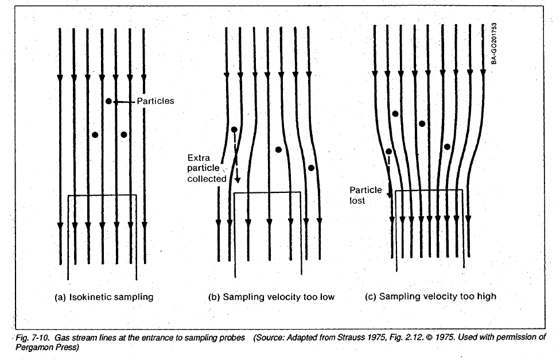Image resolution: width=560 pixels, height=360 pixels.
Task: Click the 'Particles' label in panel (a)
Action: point(155,102)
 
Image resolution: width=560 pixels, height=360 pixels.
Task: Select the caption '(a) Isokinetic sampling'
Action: point(104,297)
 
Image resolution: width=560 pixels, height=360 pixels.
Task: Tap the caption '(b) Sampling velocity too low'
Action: point(271,297)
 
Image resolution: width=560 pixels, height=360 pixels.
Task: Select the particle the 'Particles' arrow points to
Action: point(108,102)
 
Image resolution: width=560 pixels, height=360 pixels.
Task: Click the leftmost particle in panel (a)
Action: point(95,135)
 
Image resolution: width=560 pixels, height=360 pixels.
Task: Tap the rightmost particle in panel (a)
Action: point(124,135)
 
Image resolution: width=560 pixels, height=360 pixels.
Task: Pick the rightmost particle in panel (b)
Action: point(311,168)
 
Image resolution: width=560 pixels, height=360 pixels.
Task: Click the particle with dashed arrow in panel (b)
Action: point(234,130)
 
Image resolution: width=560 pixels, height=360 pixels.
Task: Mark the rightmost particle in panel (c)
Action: point(447,147)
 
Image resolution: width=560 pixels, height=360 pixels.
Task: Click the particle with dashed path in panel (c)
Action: point(389,152)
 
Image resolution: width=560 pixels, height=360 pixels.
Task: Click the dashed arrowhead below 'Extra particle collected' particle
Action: point(237,180)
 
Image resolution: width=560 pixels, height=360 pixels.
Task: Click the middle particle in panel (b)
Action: point(278,150)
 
